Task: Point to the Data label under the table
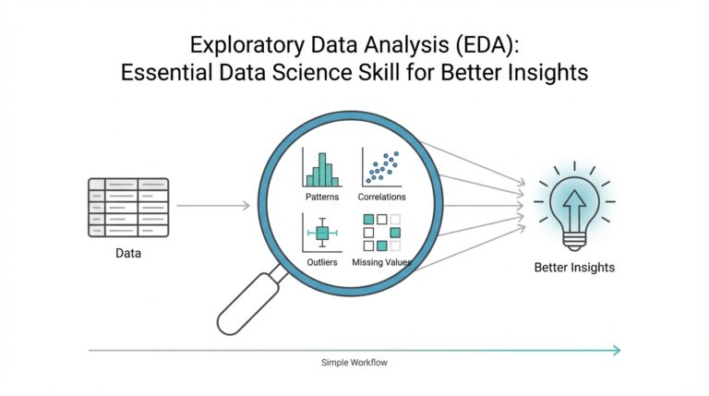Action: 127,252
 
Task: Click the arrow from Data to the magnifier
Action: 212,205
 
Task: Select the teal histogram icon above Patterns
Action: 321,169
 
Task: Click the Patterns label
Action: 321,198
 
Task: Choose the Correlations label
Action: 382,198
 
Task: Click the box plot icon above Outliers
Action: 321,233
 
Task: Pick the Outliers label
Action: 321,263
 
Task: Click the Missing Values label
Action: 381,263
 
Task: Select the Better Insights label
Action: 573,268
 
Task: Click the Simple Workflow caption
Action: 354,363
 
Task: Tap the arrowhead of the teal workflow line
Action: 615,350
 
